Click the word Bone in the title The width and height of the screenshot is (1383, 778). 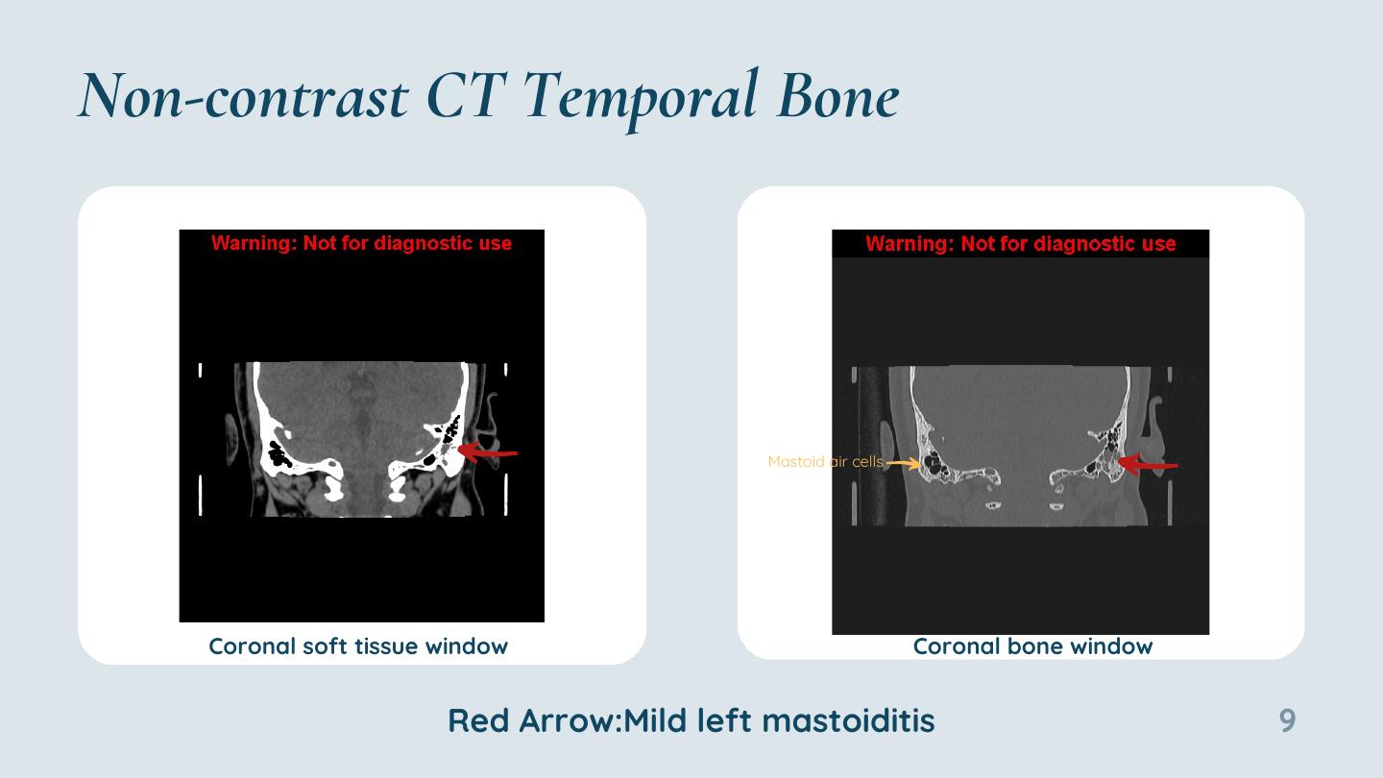(x=837, y=96)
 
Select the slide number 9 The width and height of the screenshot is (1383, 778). (x=1287, y=720)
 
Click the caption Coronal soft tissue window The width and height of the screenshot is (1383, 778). (x=358, y=646)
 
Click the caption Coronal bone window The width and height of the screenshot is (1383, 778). (x=1033, y=646)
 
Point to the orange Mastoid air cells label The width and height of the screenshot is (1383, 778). (x=826, y=461)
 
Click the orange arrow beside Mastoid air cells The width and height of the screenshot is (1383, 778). (x=903, y=463)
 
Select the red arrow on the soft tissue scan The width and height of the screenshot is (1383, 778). (x=487, y=452)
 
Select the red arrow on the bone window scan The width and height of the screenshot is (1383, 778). (x=1148, y=464)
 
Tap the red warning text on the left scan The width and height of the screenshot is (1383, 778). (x=361, y=243)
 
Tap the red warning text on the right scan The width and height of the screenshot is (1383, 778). (x=1021, y=244)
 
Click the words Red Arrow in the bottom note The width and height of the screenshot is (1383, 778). (x=532, y=720)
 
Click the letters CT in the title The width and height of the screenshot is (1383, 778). (x=467, y=96)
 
